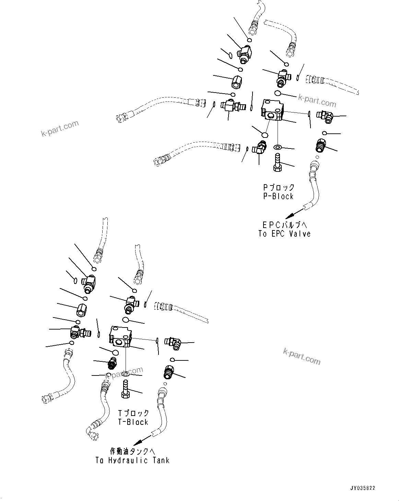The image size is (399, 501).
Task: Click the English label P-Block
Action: [278, 196]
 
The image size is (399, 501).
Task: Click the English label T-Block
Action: [133, 422]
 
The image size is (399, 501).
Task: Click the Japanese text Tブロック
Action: [133, 413]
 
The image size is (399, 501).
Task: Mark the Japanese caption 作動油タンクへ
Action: [130, 451]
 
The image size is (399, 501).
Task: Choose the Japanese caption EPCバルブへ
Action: [284, 225]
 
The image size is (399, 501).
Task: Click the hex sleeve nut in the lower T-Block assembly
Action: [81, 310]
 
